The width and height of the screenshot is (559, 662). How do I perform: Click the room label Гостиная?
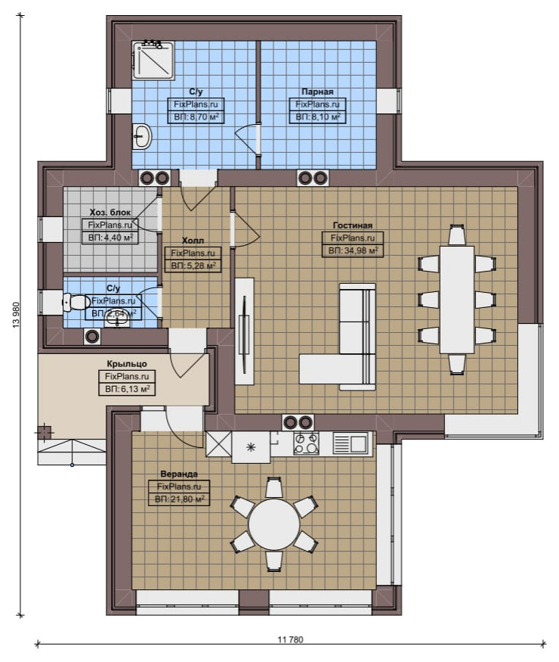(353, 225)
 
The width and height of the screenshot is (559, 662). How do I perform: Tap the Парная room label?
(317, 92)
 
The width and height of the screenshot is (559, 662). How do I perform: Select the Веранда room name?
(179, 474)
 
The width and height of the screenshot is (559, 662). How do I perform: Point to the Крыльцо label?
(127, 363)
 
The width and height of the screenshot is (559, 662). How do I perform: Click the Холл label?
(193, 241)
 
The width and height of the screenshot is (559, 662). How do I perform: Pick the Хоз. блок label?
(110, 212)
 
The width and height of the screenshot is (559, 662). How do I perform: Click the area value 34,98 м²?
(353, 250)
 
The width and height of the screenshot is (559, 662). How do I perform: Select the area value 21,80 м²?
(179, 499)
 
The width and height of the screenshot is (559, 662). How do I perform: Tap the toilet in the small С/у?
(74, 303)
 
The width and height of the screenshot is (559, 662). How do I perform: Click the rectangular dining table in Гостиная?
(456, 300)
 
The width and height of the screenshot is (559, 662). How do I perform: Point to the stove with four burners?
(306, 443)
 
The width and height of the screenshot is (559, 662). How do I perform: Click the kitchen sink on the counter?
(351, 443)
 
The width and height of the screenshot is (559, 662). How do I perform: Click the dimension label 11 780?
(290, 639)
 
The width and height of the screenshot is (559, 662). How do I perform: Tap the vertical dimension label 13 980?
(17, 314)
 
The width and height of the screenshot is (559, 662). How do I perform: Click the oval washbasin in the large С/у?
(143, 136)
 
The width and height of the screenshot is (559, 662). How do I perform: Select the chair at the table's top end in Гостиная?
(456, 235)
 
